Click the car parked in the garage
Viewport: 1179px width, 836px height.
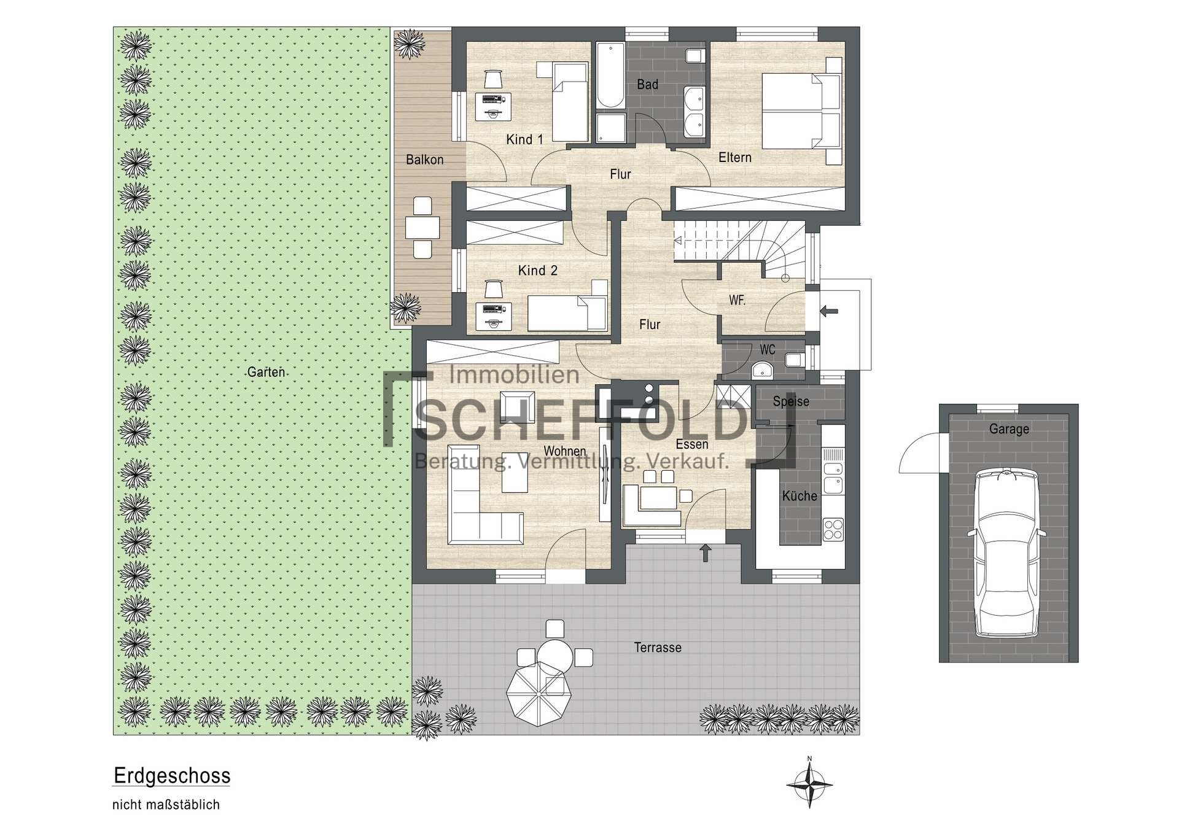pos(1007,552)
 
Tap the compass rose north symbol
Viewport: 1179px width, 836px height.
pos(809,784)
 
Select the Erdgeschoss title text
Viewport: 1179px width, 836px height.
pos(172,776)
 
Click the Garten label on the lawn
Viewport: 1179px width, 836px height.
pos(266,372)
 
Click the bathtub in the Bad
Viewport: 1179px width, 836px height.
pos(610,75)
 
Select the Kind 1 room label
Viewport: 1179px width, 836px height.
pos(524,139)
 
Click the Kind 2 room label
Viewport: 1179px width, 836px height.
pos(537,270)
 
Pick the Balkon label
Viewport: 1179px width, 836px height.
pos(424,160)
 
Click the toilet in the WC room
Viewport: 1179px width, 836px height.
pos(794,359)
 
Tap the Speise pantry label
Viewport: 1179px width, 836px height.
pos(791,401)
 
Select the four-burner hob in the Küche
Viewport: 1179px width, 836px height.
pos(833,529)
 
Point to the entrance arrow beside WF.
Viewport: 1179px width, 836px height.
pos(829,311)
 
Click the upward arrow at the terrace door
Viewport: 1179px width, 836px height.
pos(706,552)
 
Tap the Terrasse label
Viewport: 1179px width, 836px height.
pos(658,648)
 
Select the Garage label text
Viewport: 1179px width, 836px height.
pos(1009,429)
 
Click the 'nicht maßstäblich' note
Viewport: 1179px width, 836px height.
pos(166,805)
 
